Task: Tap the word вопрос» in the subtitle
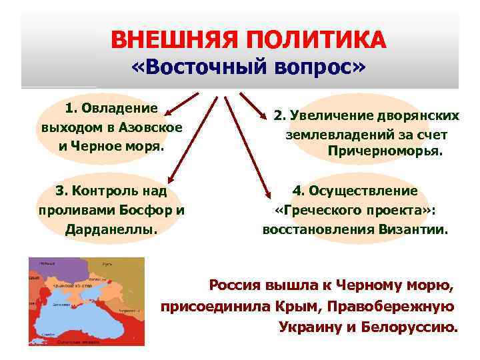[320, 69]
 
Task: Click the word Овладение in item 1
[119, 108]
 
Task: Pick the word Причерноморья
[385, 151]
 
